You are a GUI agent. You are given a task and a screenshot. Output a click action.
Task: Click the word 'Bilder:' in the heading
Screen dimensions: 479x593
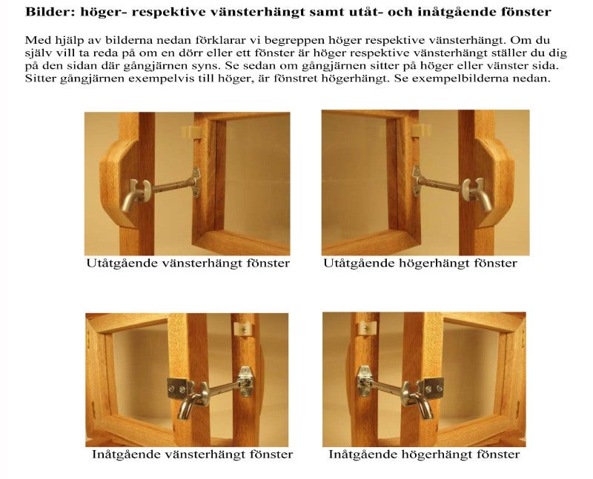click(x=47, y=12)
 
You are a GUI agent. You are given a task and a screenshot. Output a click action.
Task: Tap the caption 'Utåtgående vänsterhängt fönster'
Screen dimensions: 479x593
click(x=188, y=264)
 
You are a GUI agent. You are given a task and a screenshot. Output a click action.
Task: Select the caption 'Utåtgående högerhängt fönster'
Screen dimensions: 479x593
click(x=420, y=264)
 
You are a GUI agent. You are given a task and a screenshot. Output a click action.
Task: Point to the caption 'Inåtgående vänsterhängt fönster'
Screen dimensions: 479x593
click(x=192, y=454)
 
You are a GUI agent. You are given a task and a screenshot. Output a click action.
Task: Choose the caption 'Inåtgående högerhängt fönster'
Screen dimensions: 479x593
click(x=424, y=454)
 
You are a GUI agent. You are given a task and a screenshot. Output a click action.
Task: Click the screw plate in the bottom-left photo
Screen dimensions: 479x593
click(x=178, y=387)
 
